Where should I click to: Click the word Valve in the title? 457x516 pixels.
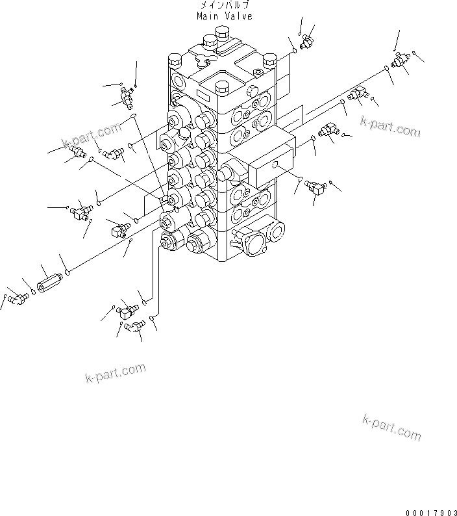click(x=240, y=16)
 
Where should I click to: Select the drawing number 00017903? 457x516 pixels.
click(x=430, y=510)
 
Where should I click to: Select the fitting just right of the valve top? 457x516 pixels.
click(x=306, y=42)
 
